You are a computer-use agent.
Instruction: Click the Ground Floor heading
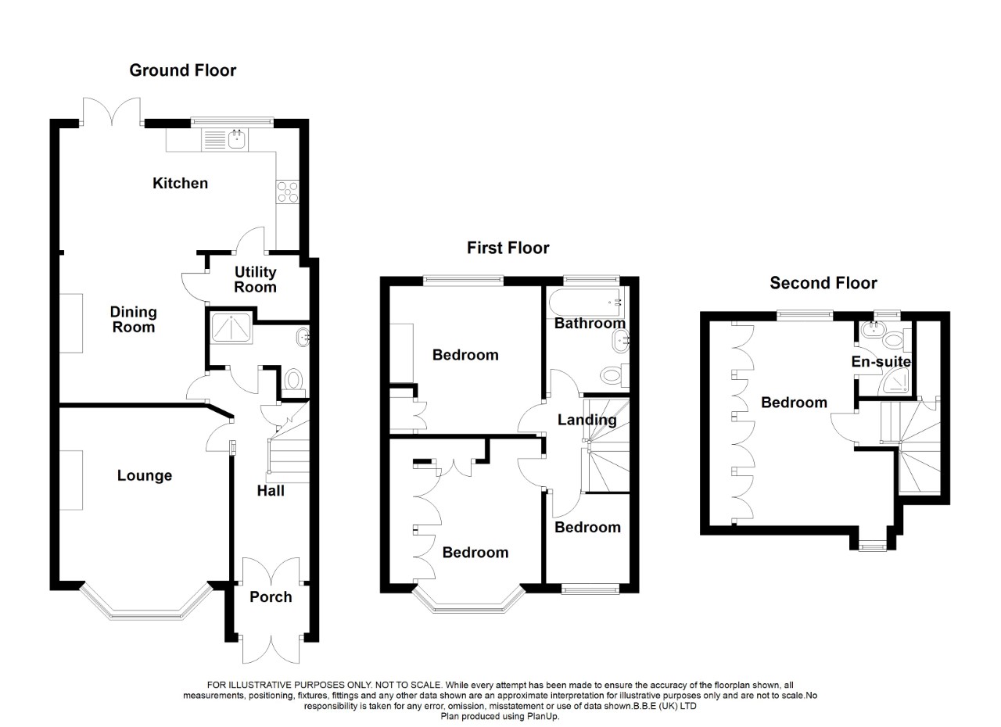coord(182,70)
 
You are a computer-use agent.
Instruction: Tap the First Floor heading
coord(508,248)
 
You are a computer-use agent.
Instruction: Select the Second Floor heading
coord(823,283)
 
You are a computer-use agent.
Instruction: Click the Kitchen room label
coord(180,183)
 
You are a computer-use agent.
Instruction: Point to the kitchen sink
coord(237,140)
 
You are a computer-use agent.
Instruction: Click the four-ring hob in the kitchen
coord(286,192)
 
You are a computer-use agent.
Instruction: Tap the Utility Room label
coord(256,279)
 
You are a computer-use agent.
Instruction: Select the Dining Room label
coord(134,319)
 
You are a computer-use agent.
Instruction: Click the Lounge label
coord(145,475)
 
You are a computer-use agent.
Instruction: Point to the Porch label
coord(271,596)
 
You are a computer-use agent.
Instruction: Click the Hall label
coord(271,491)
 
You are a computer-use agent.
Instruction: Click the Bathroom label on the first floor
coord(590,323)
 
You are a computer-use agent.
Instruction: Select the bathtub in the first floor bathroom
coord(583,300)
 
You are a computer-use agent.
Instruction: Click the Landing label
coord(587,420)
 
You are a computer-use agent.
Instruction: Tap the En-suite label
coord(881,362)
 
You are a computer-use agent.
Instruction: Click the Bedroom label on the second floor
coord(794,403)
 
